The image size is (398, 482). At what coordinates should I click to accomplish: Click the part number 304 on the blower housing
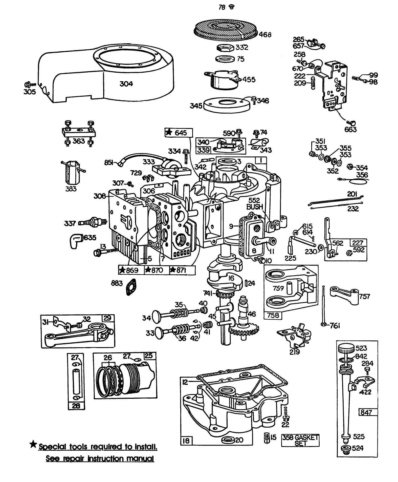coord(126,84)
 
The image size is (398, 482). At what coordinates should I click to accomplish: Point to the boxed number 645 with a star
coord(179,133)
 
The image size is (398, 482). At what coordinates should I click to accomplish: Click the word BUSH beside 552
coord(255,207)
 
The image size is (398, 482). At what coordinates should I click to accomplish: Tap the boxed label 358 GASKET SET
coord(300,441)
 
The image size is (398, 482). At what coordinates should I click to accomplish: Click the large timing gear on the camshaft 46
coord(244,329)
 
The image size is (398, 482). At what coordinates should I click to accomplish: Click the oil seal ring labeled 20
coord(227,440)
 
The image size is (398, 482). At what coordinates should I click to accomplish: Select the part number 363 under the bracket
coord(79,141)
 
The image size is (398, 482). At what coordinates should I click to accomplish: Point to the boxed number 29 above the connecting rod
coord(108,319)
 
